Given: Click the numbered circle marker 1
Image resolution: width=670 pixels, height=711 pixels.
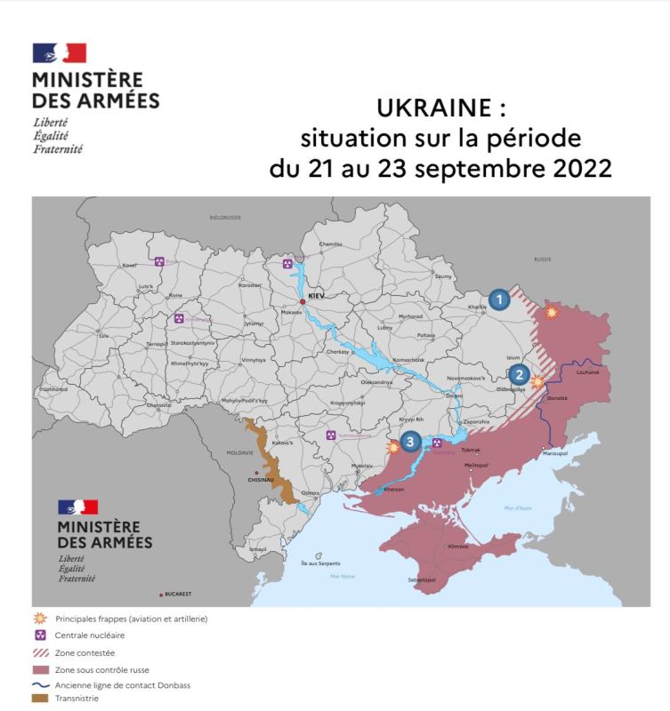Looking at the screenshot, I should point(500,300).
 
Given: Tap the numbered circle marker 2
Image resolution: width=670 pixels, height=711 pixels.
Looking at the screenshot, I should point(520,376).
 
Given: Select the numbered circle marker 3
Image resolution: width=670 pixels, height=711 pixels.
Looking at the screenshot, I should point(409,440).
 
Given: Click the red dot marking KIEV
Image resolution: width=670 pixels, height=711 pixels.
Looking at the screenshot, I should point(303,302).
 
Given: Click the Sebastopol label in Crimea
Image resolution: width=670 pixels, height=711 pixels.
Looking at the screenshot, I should point(421,579).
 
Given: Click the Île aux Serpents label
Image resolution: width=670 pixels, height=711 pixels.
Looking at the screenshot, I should point(320,563).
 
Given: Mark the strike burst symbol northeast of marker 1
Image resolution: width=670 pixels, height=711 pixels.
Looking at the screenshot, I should point(552,313).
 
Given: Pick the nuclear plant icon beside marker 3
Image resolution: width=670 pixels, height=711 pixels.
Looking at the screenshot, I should point(437,441).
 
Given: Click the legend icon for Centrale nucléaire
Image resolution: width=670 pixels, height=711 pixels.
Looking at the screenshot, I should point(40,635).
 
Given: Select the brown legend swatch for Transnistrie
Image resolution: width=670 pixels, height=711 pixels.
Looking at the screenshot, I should point(40,699).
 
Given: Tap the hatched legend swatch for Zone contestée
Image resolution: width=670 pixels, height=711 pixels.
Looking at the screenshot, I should point(40,652).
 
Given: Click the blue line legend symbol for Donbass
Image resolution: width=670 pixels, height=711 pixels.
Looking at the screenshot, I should point(40,684).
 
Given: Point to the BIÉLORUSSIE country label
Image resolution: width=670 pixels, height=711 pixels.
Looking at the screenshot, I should point(225,217).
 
